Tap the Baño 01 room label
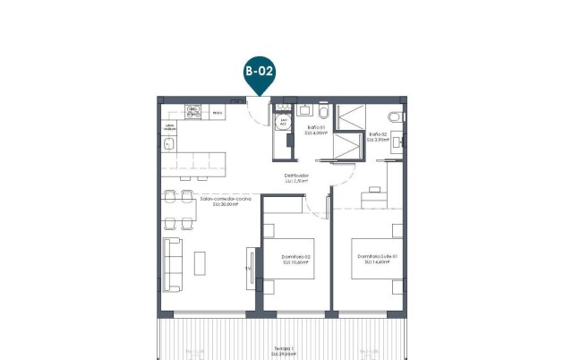[314, 131]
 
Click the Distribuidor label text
[296, 177]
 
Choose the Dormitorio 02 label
[295, 260]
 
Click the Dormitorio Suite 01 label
[375, 260]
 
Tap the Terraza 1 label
[284, 352]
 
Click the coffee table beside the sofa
[200, 262]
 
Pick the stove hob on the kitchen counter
[194, 113]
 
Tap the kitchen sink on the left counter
[168, 143]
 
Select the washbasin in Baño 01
[304, 110]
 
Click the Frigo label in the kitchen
[218, 113]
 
